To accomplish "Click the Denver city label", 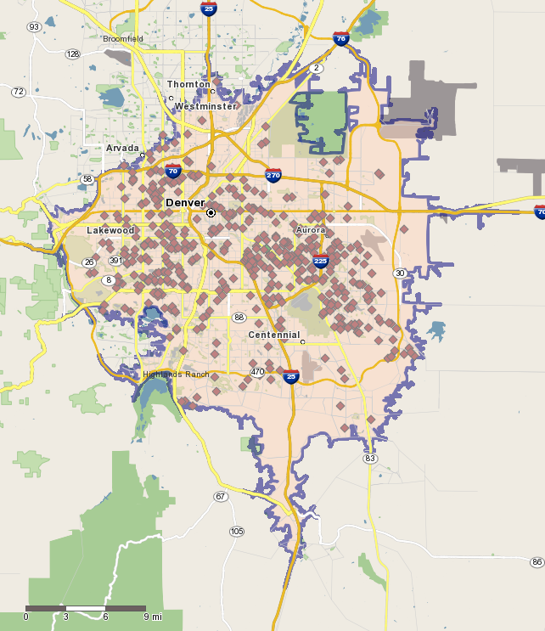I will click(185, 203).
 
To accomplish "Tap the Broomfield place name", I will click(123, 39).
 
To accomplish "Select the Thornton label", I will click(188, 85).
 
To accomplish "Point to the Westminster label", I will click(205, 106).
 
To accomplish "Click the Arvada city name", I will click(122, 148).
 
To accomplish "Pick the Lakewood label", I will click(110, 230).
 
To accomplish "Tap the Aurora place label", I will click(311, 230).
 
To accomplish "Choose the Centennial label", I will click(273, 335).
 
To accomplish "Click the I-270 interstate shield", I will click(273, 176).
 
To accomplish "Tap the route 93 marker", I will click(34, 27).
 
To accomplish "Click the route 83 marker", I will click(369, 459).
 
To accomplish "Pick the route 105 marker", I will click(237, 532).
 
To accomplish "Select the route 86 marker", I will click(537, 562).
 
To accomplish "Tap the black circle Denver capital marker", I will click(211, 212).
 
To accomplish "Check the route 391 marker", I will click(115, 261).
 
